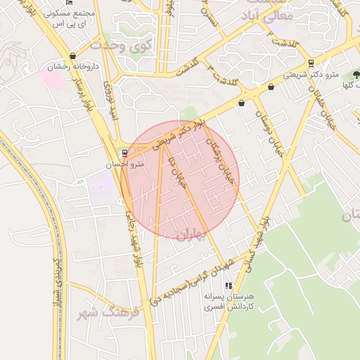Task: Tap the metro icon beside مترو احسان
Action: coord(124,152)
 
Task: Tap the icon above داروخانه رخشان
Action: coord(72,56)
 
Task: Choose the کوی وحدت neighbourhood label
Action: coord(121,45)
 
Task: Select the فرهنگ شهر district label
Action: coord(106,312)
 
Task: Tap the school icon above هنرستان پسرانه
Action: coord(228,285)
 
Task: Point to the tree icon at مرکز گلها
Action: coord(356,73)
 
